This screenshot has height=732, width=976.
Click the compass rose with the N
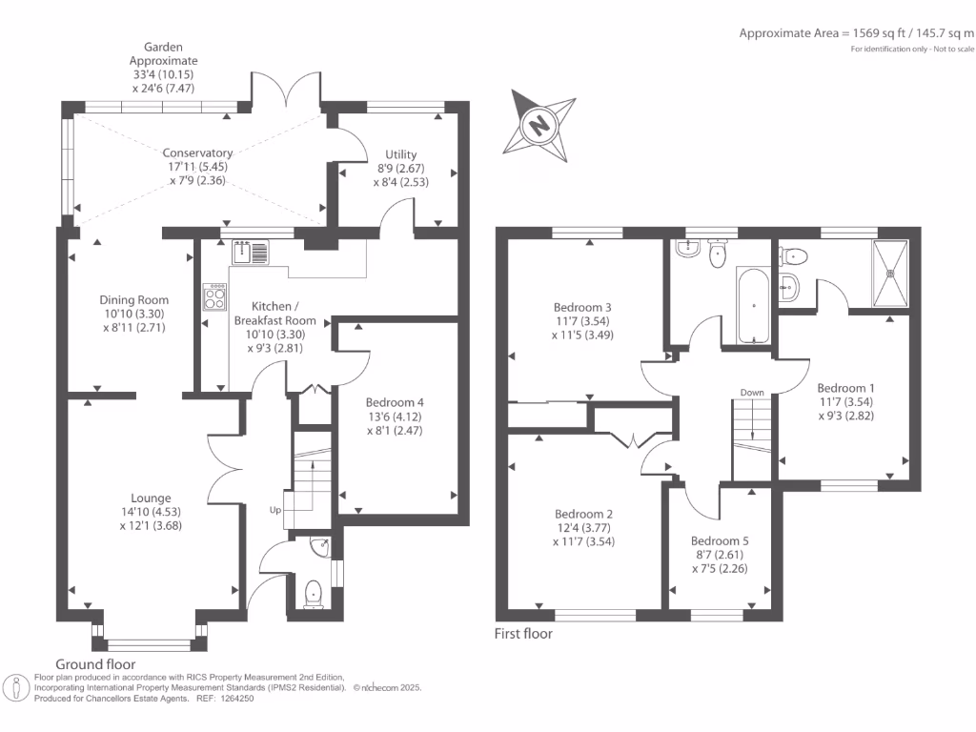(540, 123)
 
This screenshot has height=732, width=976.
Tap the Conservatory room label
(197, 166)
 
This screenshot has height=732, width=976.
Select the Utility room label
(401, 168)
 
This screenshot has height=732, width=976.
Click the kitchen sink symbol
(250, 253)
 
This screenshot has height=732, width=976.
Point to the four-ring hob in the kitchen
(213, 298)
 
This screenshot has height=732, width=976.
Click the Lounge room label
(151, 511)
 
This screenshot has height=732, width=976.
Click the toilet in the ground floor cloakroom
(313, 594)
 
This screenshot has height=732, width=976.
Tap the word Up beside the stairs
(274, 511)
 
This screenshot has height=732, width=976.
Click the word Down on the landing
(752, 393)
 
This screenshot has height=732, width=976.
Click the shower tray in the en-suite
(891, 273)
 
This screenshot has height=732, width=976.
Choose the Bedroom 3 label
(582, 321)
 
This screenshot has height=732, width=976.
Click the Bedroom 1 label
(845, 402)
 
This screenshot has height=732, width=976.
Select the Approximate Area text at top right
(856, 33)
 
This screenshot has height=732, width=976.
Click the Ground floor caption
(95, 664)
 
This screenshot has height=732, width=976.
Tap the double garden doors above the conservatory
(287, 91)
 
